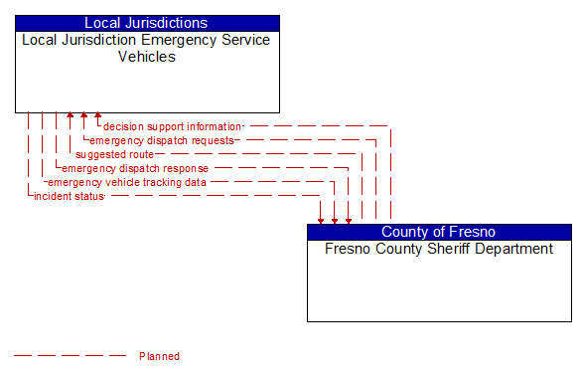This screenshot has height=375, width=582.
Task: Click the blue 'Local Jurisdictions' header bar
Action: (x=146, y=23)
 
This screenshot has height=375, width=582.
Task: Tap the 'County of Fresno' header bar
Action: (x=438, y=232)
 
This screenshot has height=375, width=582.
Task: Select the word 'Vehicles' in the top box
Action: (x=146, y=57)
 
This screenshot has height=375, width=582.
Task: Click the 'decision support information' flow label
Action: (x=172, y=126)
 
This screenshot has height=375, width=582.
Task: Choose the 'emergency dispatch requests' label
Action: (x=162, y=140)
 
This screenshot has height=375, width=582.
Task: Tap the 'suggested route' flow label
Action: (x=114, y=154)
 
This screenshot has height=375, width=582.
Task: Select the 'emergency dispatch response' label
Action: (x=135, y=168)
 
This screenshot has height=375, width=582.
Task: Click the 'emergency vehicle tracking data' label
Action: (x=127, y=182)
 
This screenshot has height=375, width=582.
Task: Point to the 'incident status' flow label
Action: (x=69, y=196)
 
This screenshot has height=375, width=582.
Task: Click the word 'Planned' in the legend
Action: (x=159, y=356)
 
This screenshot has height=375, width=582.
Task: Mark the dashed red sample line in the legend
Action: (x=70, y=356)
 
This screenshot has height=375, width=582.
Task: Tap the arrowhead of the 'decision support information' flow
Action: (x=97, y=118)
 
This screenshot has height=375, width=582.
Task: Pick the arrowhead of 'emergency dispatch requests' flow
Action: (x=83, y=118)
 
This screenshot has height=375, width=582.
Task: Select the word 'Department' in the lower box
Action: (x=513, y=249)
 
